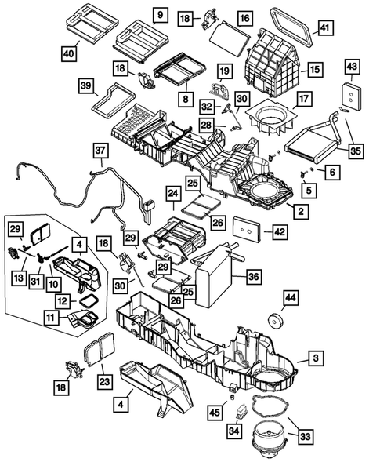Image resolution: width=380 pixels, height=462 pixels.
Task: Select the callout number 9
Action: (x=158, y=16)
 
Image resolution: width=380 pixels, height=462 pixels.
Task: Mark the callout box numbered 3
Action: (x=315, y=358)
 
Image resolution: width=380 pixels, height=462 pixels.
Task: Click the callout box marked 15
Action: (x=314, y=70)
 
